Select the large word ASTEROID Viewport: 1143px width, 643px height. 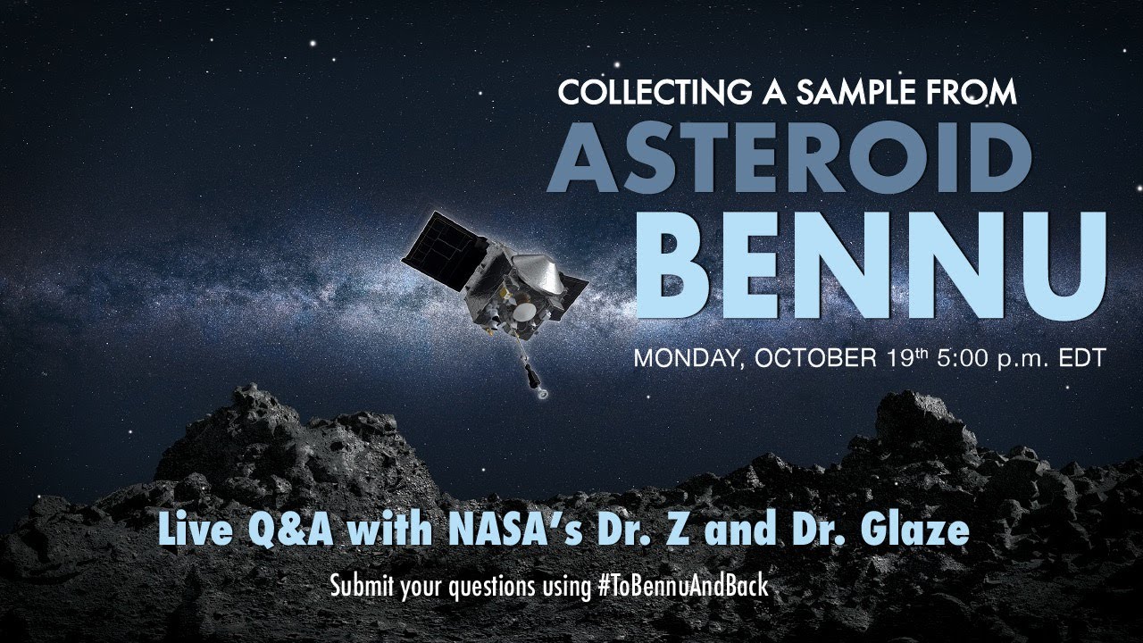point(788,158)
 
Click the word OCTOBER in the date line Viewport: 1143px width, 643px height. point(816,358)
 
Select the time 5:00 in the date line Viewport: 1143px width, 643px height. point(960,358)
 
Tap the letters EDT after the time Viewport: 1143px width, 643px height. point(1081,358)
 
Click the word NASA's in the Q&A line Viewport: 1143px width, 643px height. point(515,530)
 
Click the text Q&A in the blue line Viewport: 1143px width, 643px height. point(291,530)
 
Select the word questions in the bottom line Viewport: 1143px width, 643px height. point(492,587)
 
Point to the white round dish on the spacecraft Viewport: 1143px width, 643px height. point(524,312)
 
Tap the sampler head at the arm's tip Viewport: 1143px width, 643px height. point(544,393)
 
